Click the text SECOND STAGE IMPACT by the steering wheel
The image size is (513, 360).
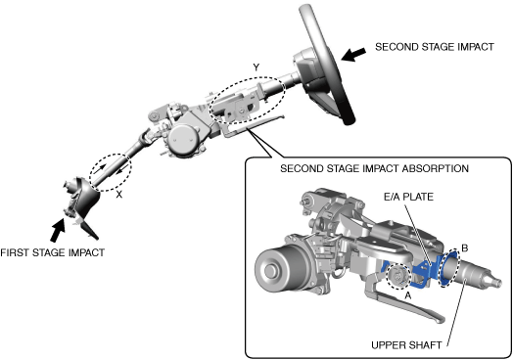434,47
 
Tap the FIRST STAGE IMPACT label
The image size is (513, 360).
52,252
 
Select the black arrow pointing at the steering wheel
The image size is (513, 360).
353,54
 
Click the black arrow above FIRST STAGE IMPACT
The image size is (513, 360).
58,230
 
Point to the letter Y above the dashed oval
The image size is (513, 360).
256,67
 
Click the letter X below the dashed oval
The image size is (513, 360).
119,195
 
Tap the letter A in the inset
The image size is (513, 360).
407,295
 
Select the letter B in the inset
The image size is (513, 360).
465,248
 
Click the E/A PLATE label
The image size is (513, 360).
408,197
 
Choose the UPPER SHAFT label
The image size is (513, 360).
406,345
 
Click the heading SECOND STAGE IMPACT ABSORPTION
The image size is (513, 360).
375,168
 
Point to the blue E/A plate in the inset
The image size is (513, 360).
425,271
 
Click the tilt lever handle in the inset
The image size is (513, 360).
410,306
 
